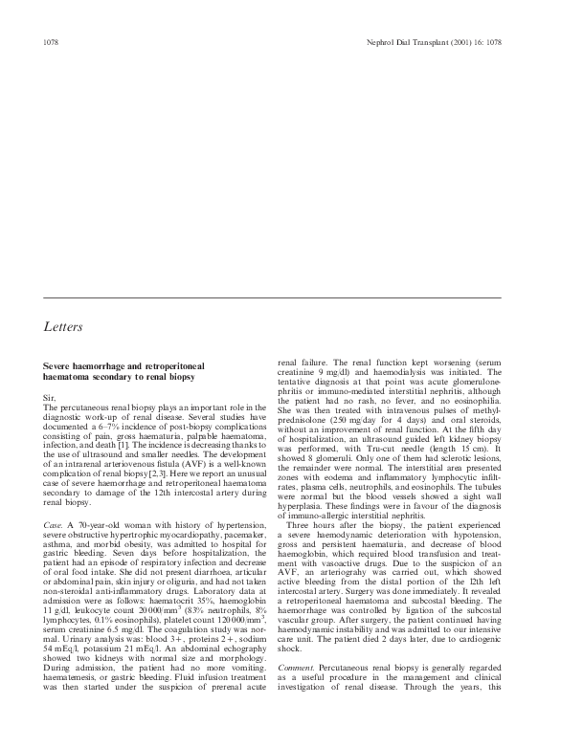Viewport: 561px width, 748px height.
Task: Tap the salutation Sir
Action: point(52,397)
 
